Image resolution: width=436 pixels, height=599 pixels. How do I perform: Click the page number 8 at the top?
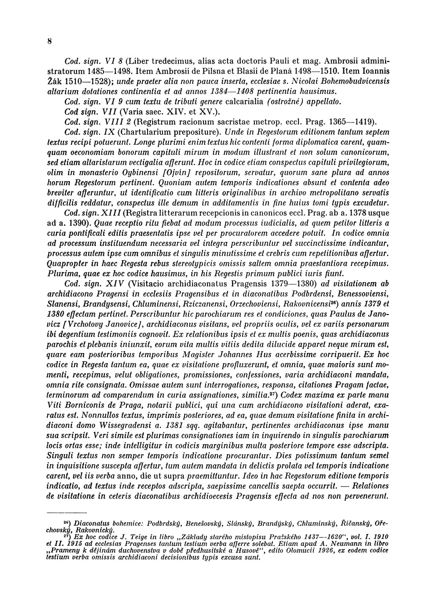[49, 41]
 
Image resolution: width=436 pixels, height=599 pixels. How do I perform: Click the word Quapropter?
[71, 264]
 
